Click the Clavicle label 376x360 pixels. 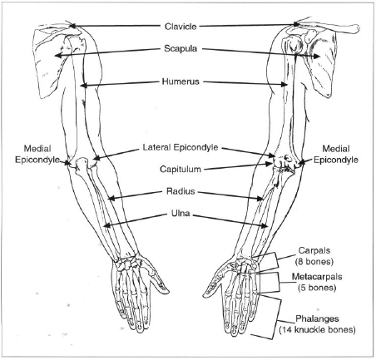coord(181,27)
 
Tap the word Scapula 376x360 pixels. coord(181,48)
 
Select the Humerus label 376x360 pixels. coord(181,81)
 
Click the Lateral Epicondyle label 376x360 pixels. coord(181,147)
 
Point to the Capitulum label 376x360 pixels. coord(181,169)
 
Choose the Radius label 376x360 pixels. coord(181,191)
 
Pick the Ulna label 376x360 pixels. coord(181,213)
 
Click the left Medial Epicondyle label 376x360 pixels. coord(37,154)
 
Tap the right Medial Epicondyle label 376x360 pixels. coord(336,154)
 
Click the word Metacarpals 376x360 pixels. coord(317,276)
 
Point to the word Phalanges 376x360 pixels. coord(317,318)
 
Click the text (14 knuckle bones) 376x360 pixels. coord(317,330)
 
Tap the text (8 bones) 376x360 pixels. coord(314,261)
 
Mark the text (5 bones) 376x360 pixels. coord(317,288)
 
